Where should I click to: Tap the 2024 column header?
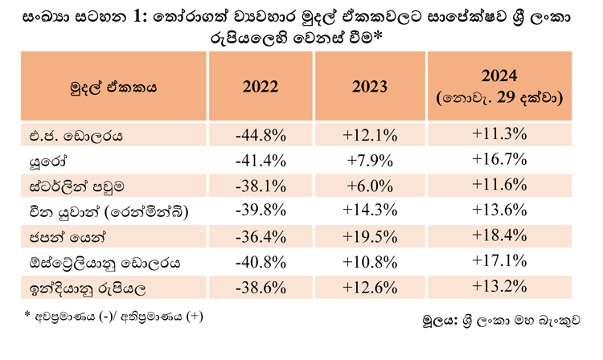click(x=499, y=87)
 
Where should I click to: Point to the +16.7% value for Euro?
click(x=499, y=159)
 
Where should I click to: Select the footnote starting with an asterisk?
click(x=113, y=316)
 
